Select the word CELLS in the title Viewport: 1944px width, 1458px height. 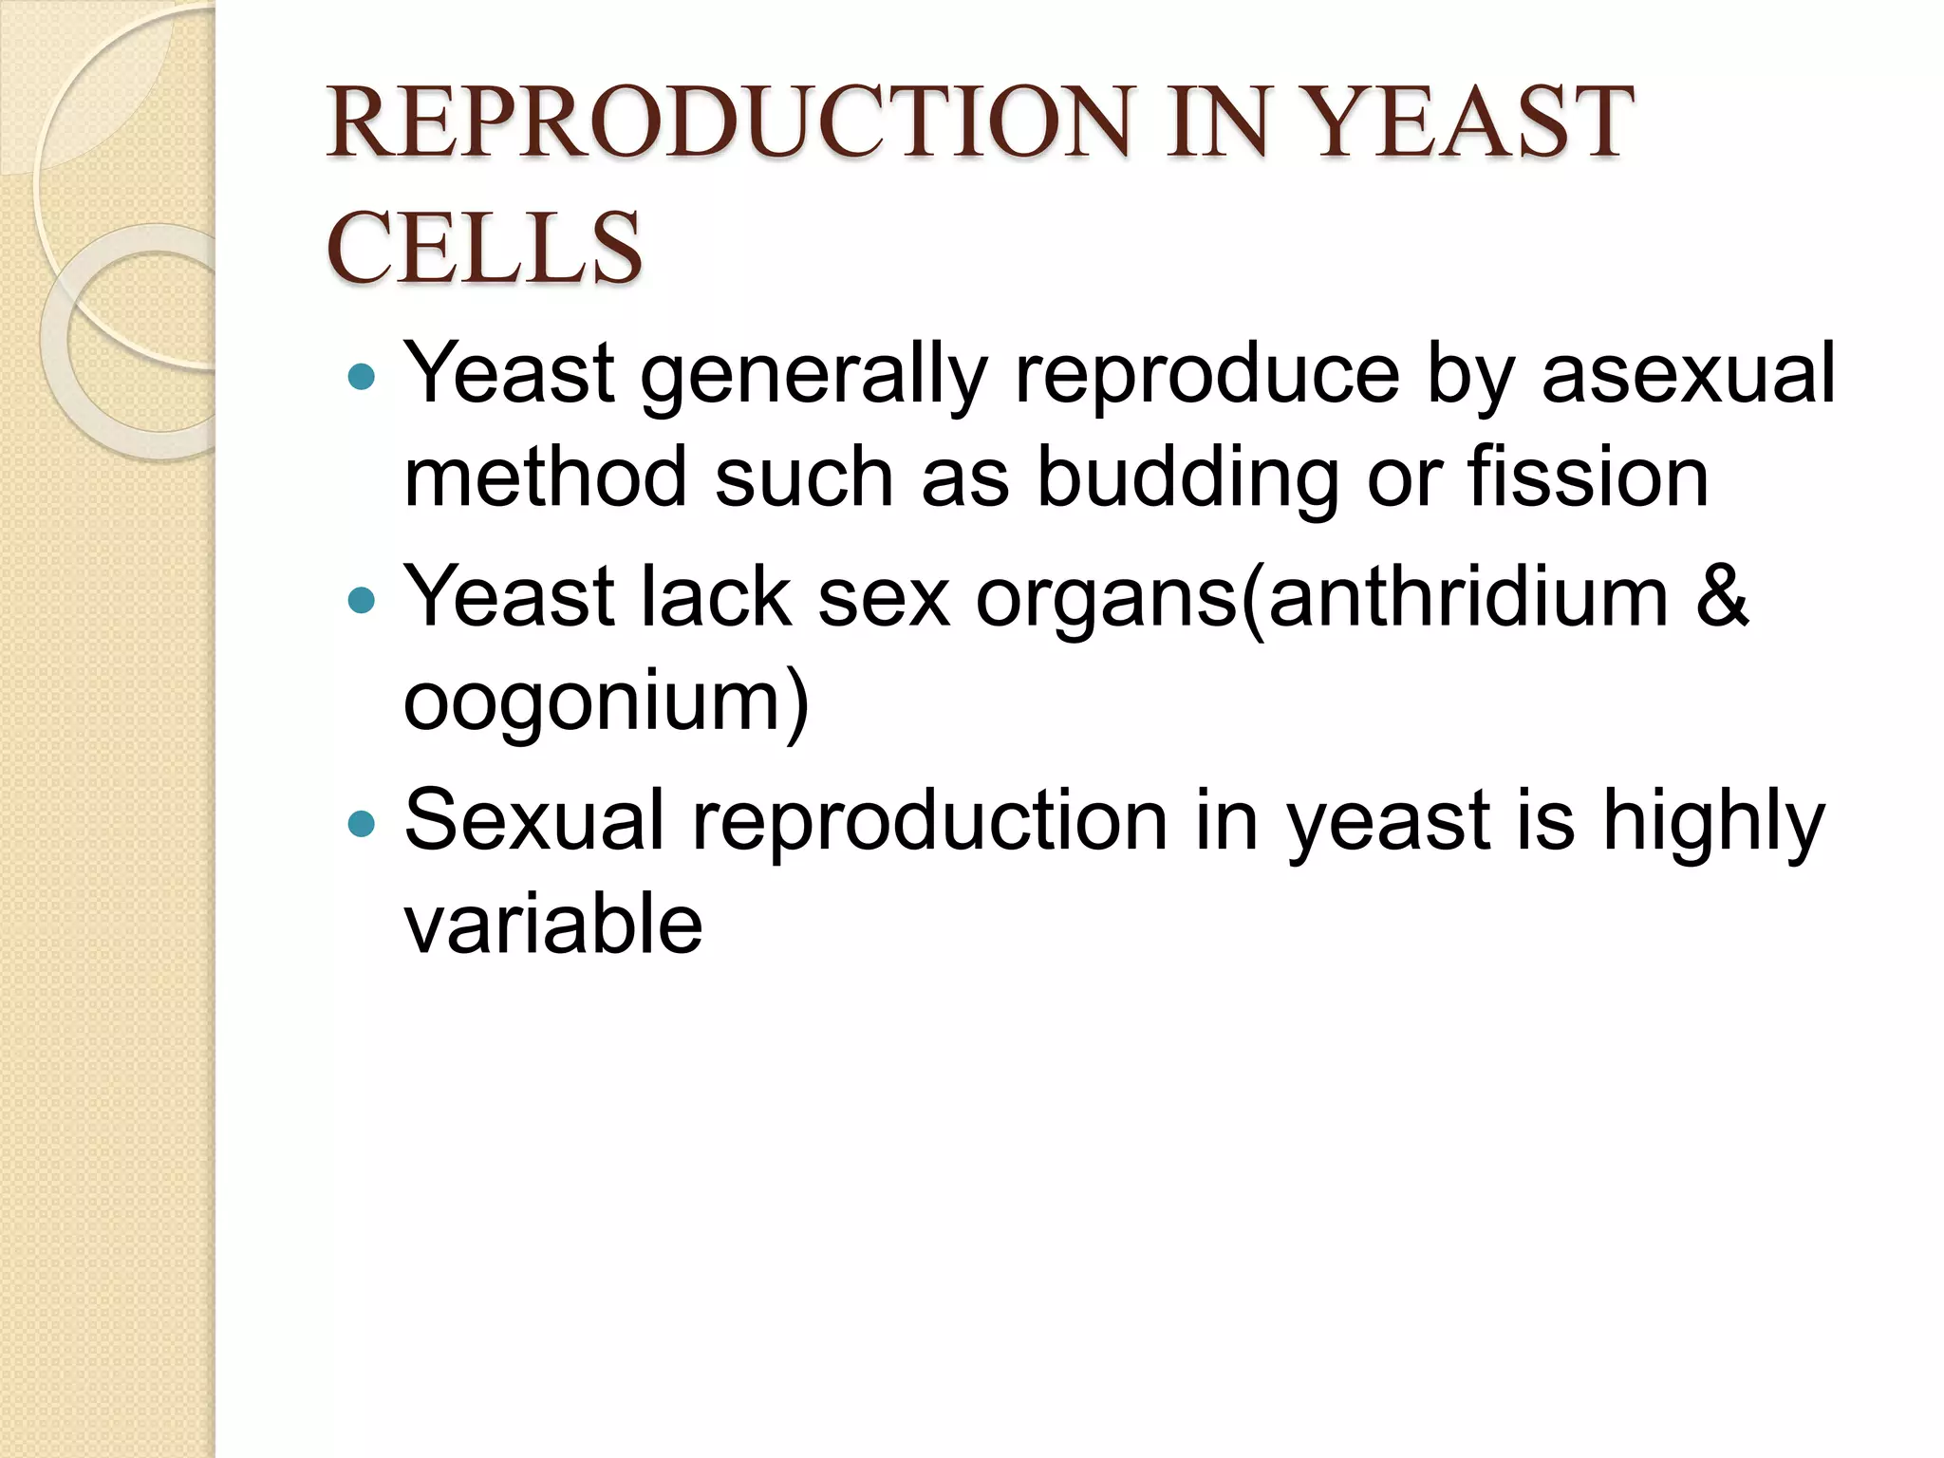click(x=484, y=248)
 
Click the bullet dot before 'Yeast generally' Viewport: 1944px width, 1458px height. click(x=362, y=378)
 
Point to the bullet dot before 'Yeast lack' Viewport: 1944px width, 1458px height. click(x=362, y=600)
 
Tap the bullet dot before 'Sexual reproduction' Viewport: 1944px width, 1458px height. click(x=362, y=823)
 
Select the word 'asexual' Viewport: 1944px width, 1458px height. click(x=1688, y=374)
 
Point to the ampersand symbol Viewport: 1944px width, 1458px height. click(x=1722, y=598)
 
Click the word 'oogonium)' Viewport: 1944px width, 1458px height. click(x=607, y=702)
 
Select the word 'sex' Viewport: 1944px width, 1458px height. click(x=883, y=600)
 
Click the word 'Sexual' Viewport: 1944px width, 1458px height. click(x=534, y=821)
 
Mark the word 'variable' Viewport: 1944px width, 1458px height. click(x=553, y=925)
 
